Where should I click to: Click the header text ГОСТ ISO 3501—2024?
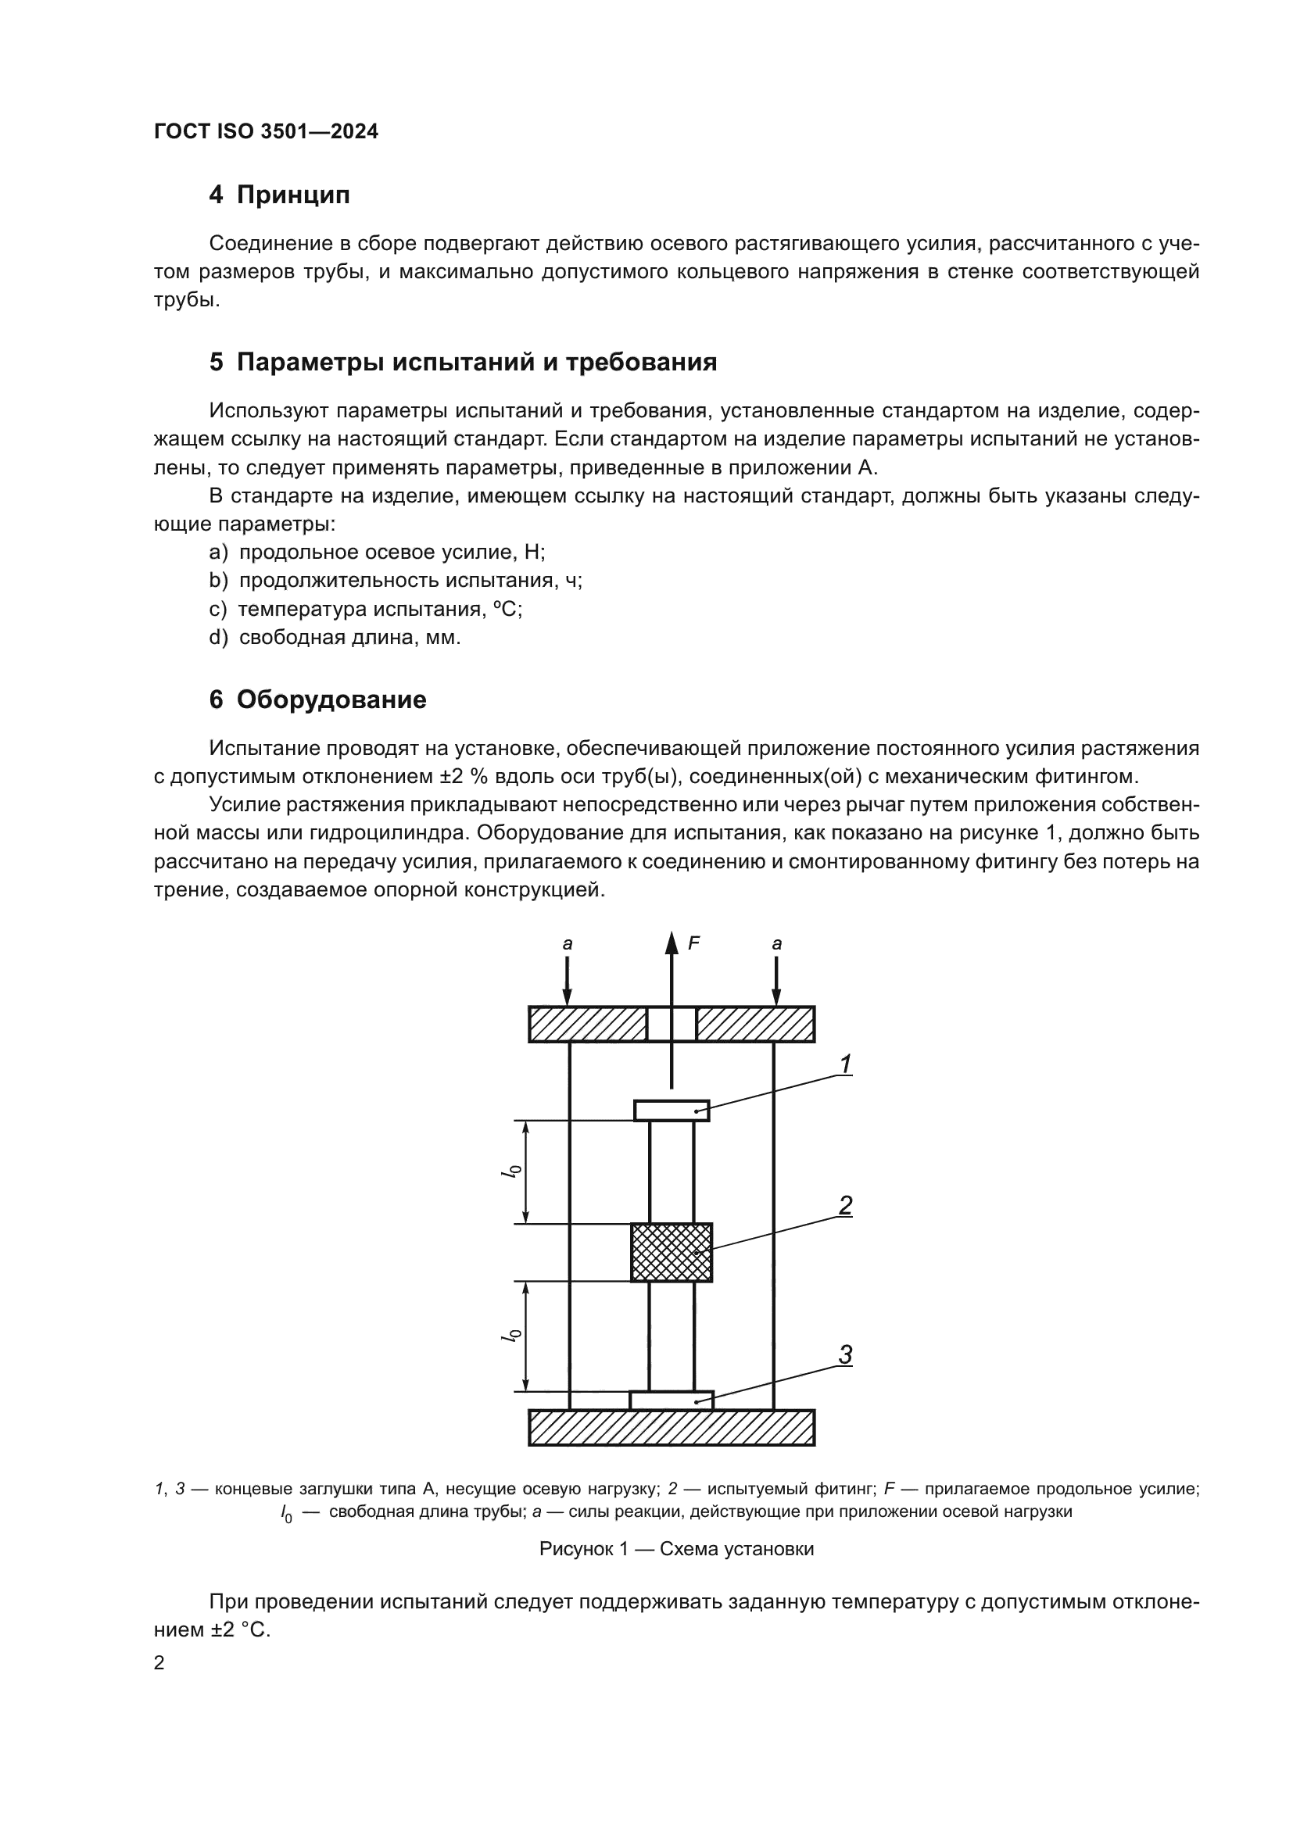click(266, 131)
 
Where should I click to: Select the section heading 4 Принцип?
click(278, 195)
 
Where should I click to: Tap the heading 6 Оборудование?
click(317, 699)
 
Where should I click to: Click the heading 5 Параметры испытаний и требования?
click(463, 363)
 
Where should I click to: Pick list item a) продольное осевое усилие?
click(378, 552)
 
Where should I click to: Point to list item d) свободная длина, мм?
click(335, 638)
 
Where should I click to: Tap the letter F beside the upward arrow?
click(693, 943)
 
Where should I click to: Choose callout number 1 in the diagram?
click(846, 1064)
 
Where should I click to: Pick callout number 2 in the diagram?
click(846, 1205)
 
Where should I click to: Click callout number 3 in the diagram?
click(846, 1354)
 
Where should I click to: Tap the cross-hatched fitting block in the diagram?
click(672, 1252)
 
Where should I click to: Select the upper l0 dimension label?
click(514, 1172)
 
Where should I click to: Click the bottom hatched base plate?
click(672, 1428)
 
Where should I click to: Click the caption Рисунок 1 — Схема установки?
click(676, 1548)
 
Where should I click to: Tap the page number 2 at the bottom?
click(159, 1662)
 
